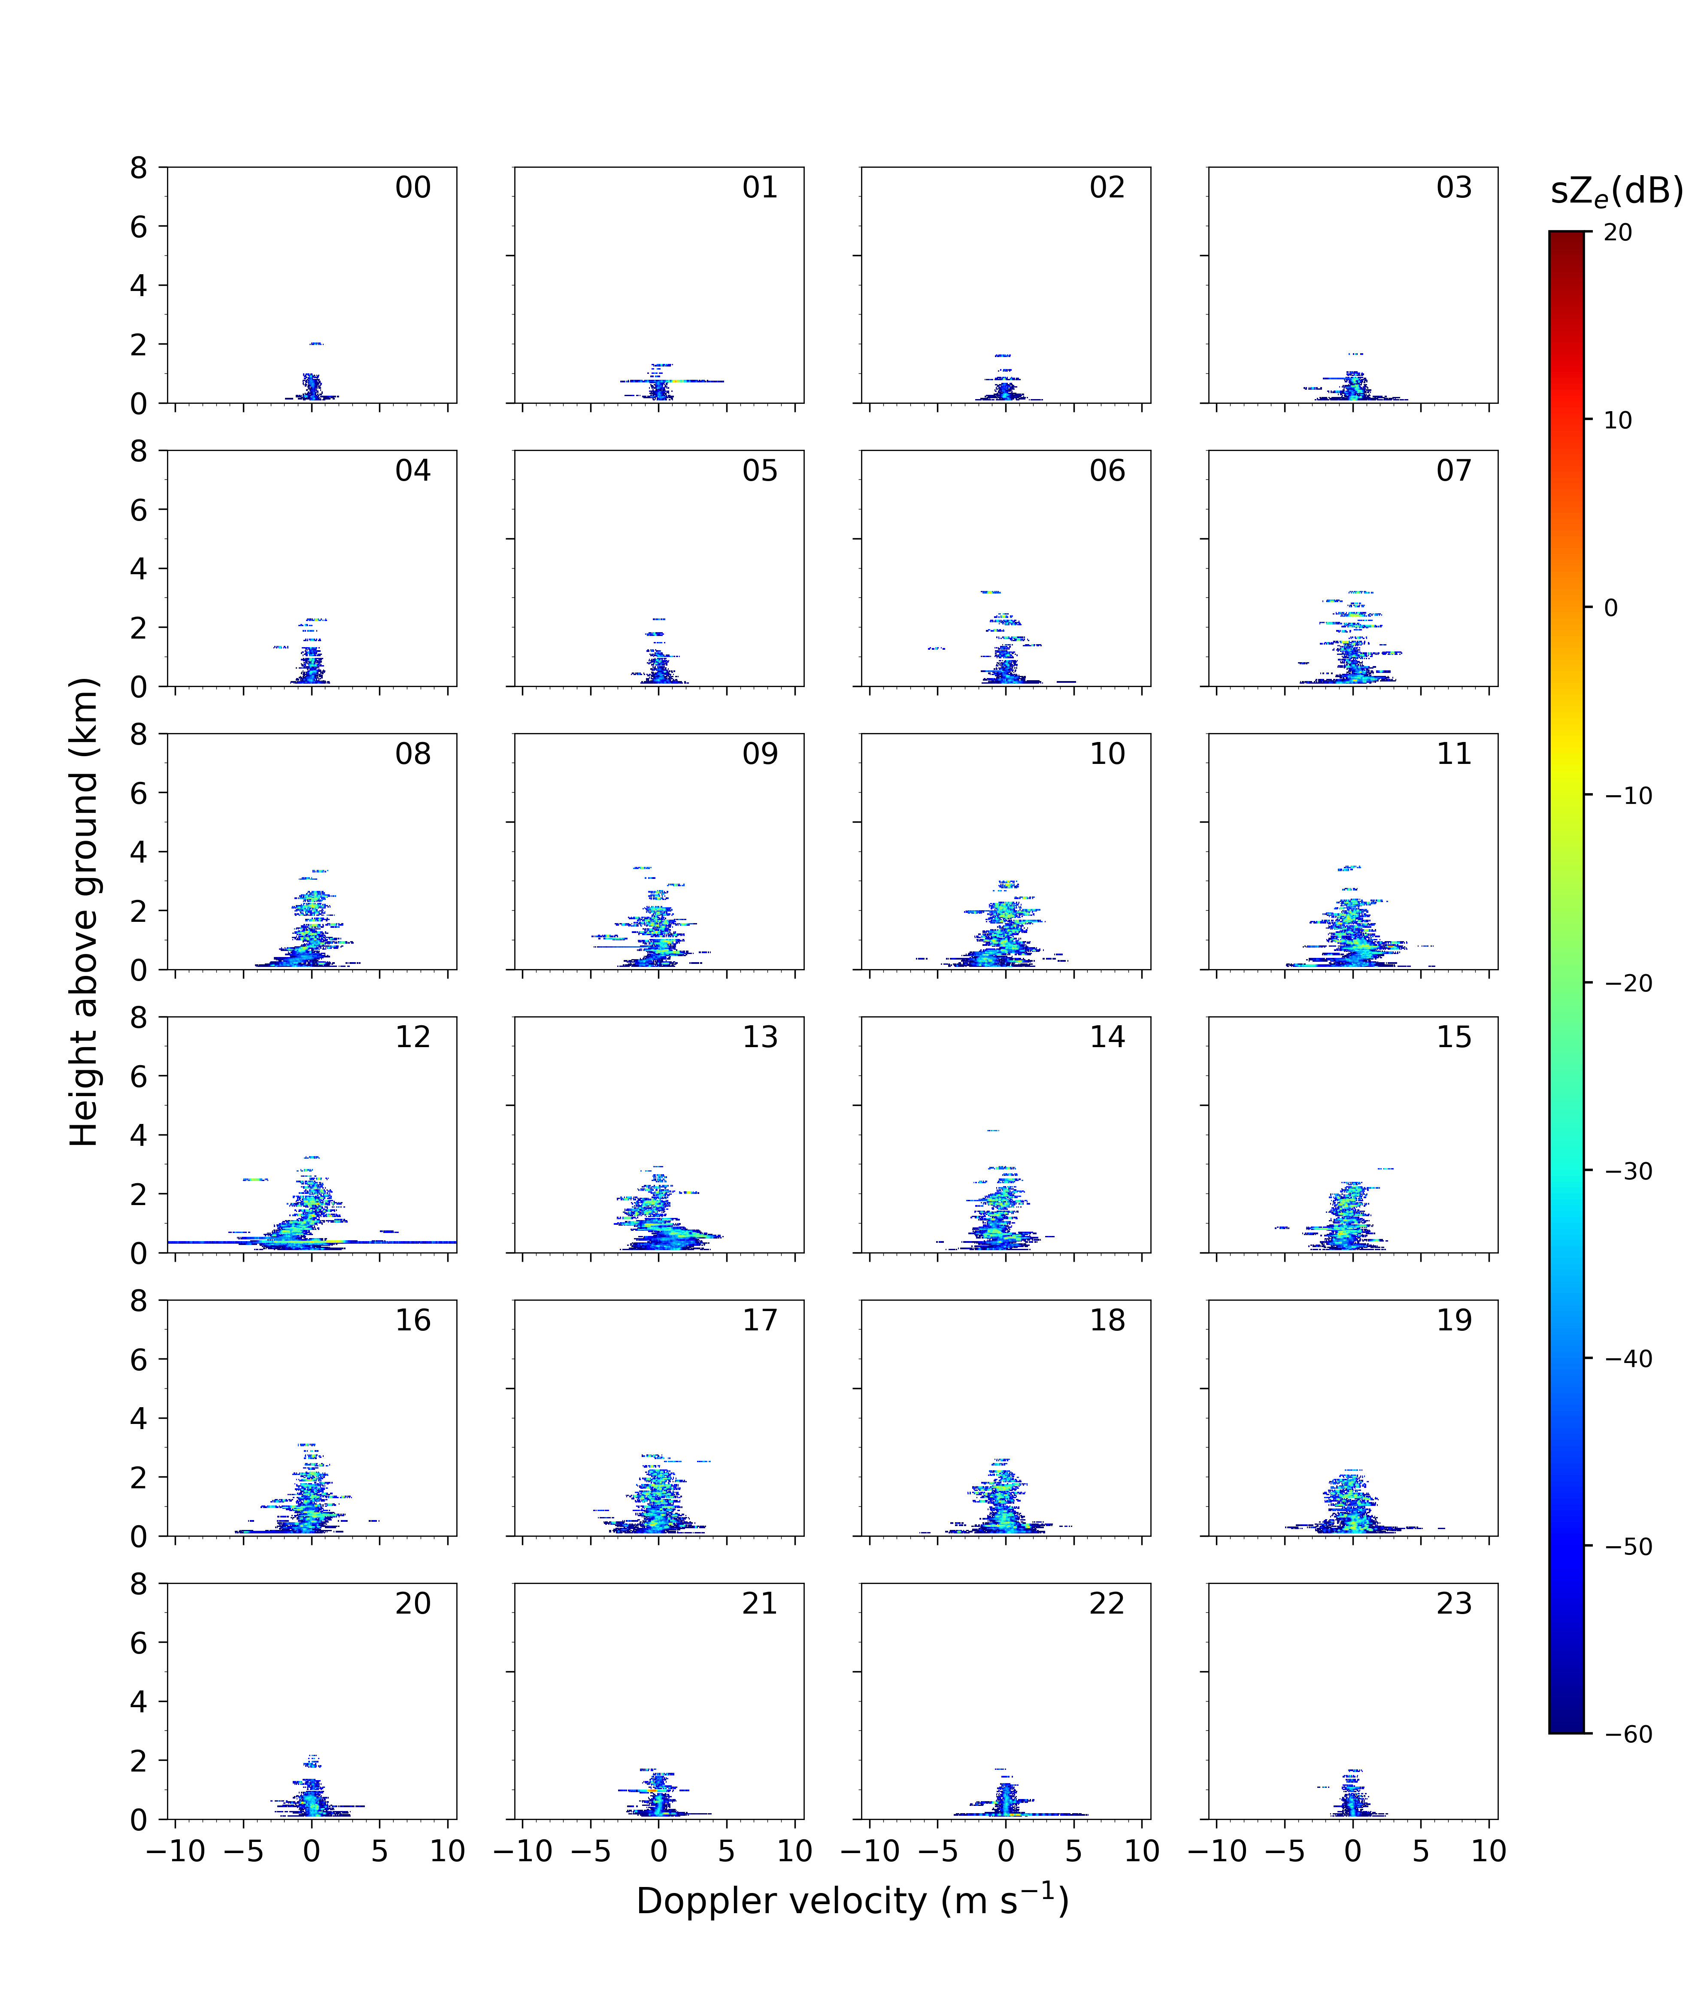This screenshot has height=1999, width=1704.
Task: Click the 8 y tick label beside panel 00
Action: coord(139,168)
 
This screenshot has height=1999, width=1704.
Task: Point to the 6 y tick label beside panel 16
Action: coord(139,1360)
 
